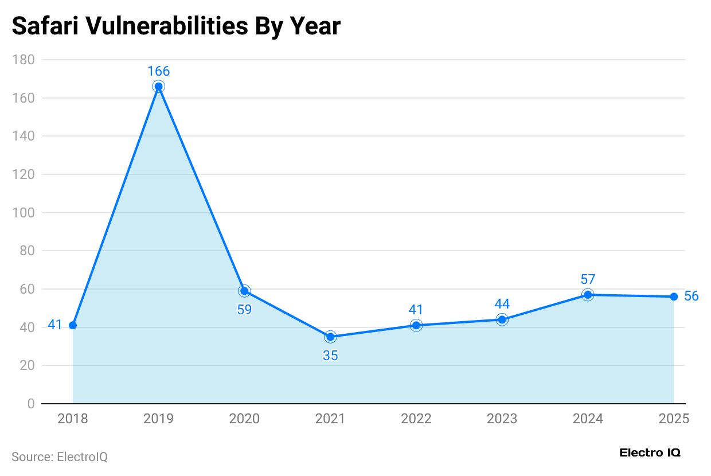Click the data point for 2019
(158, 87)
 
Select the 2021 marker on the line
(330, 337)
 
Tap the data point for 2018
(73, 325)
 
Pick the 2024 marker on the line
(588, 295)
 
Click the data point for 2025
(674, 296)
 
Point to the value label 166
(158, 71)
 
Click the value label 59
(244, 310)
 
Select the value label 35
(330, 356)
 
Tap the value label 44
(502, 304)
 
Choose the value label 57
(588, 279)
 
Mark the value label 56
(692, 296)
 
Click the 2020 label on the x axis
(244, 419)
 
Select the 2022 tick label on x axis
(416, 419)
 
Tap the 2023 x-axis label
(502, 419)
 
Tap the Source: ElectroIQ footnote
(60, 457)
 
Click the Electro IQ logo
(650, 452)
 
